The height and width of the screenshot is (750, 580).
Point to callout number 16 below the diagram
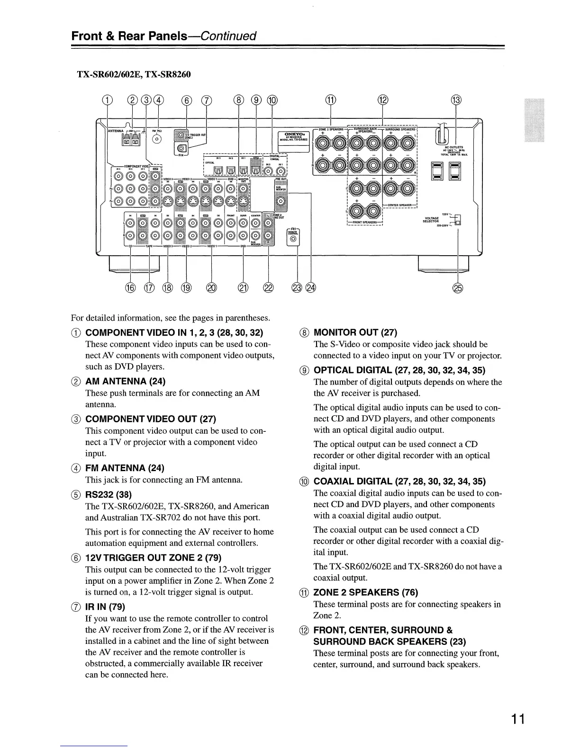tap(130, 287)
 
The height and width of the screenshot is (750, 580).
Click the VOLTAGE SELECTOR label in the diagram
tap(431, 218)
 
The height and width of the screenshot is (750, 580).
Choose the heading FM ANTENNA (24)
tap(125, 468)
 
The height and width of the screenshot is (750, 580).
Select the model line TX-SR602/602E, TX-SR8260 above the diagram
tap(134, 74)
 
